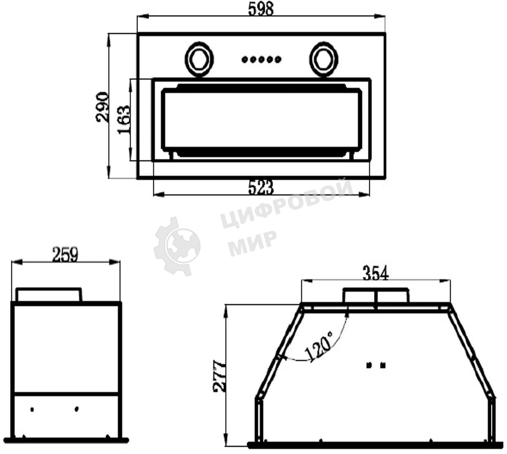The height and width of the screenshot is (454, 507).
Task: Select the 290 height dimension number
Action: [102, 107]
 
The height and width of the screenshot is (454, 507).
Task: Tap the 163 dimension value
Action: [124, 120]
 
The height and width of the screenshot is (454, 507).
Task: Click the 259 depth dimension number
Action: [65, 254]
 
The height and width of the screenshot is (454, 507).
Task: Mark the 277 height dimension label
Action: [219, 376]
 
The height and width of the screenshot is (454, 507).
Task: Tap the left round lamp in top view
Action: [199, 59]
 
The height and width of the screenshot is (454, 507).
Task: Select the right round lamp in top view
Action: [324, 59]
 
